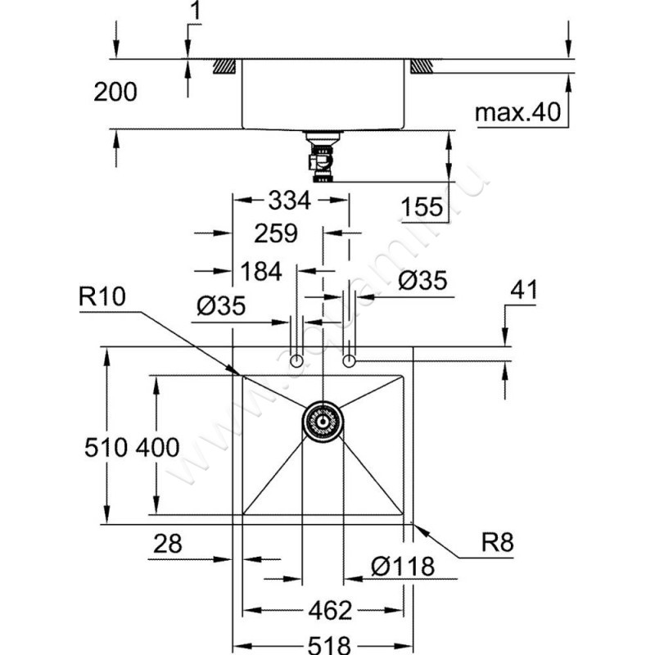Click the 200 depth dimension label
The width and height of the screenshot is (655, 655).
click(x=115, y=93)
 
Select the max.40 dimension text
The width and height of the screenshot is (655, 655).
click(x=522, y=114)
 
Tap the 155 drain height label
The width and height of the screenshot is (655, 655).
click(x=422, y=208)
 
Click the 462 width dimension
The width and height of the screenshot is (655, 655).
click(x=326, y=611)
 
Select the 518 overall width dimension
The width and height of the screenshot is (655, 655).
click(x=326, y=644)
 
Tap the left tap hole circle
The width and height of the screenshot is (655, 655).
click(x=299, y=361)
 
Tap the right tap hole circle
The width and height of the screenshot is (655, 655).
click(x=350, y=360)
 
